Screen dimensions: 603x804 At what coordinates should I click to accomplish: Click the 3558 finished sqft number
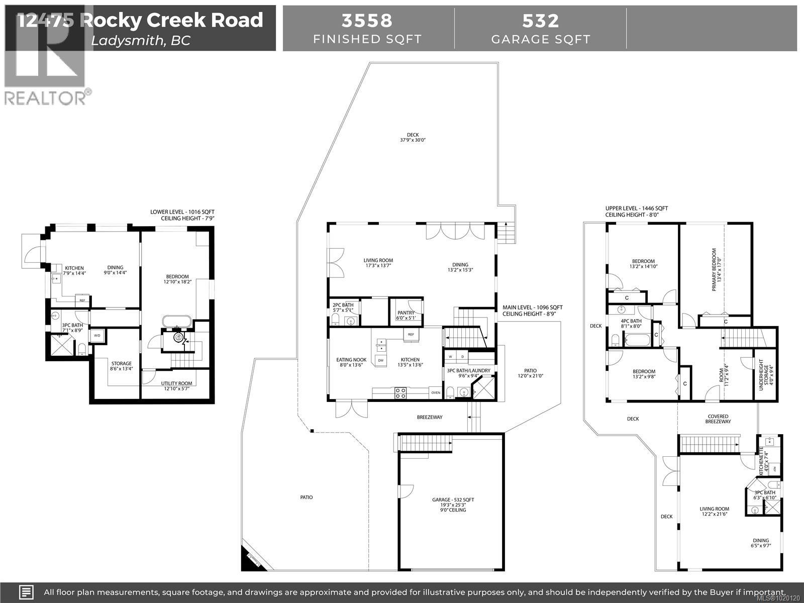tap(367, 21)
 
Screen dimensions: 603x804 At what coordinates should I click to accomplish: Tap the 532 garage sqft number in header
tap(540, 21)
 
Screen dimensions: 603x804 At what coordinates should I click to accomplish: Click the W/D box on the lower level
tap(96, 336)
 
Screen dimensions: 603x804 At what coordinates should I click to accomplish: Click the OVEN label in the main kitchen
tap(435, 392)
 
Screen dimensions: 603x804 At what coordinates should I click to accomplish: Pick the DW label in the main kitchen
tap(380, 360)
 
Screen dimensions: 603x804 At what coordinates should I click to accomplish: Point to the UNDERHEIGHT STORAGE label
tap(763, 374)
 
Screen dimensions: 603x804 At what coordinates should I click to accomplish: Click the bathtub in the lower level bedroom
tap(176, 322)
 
